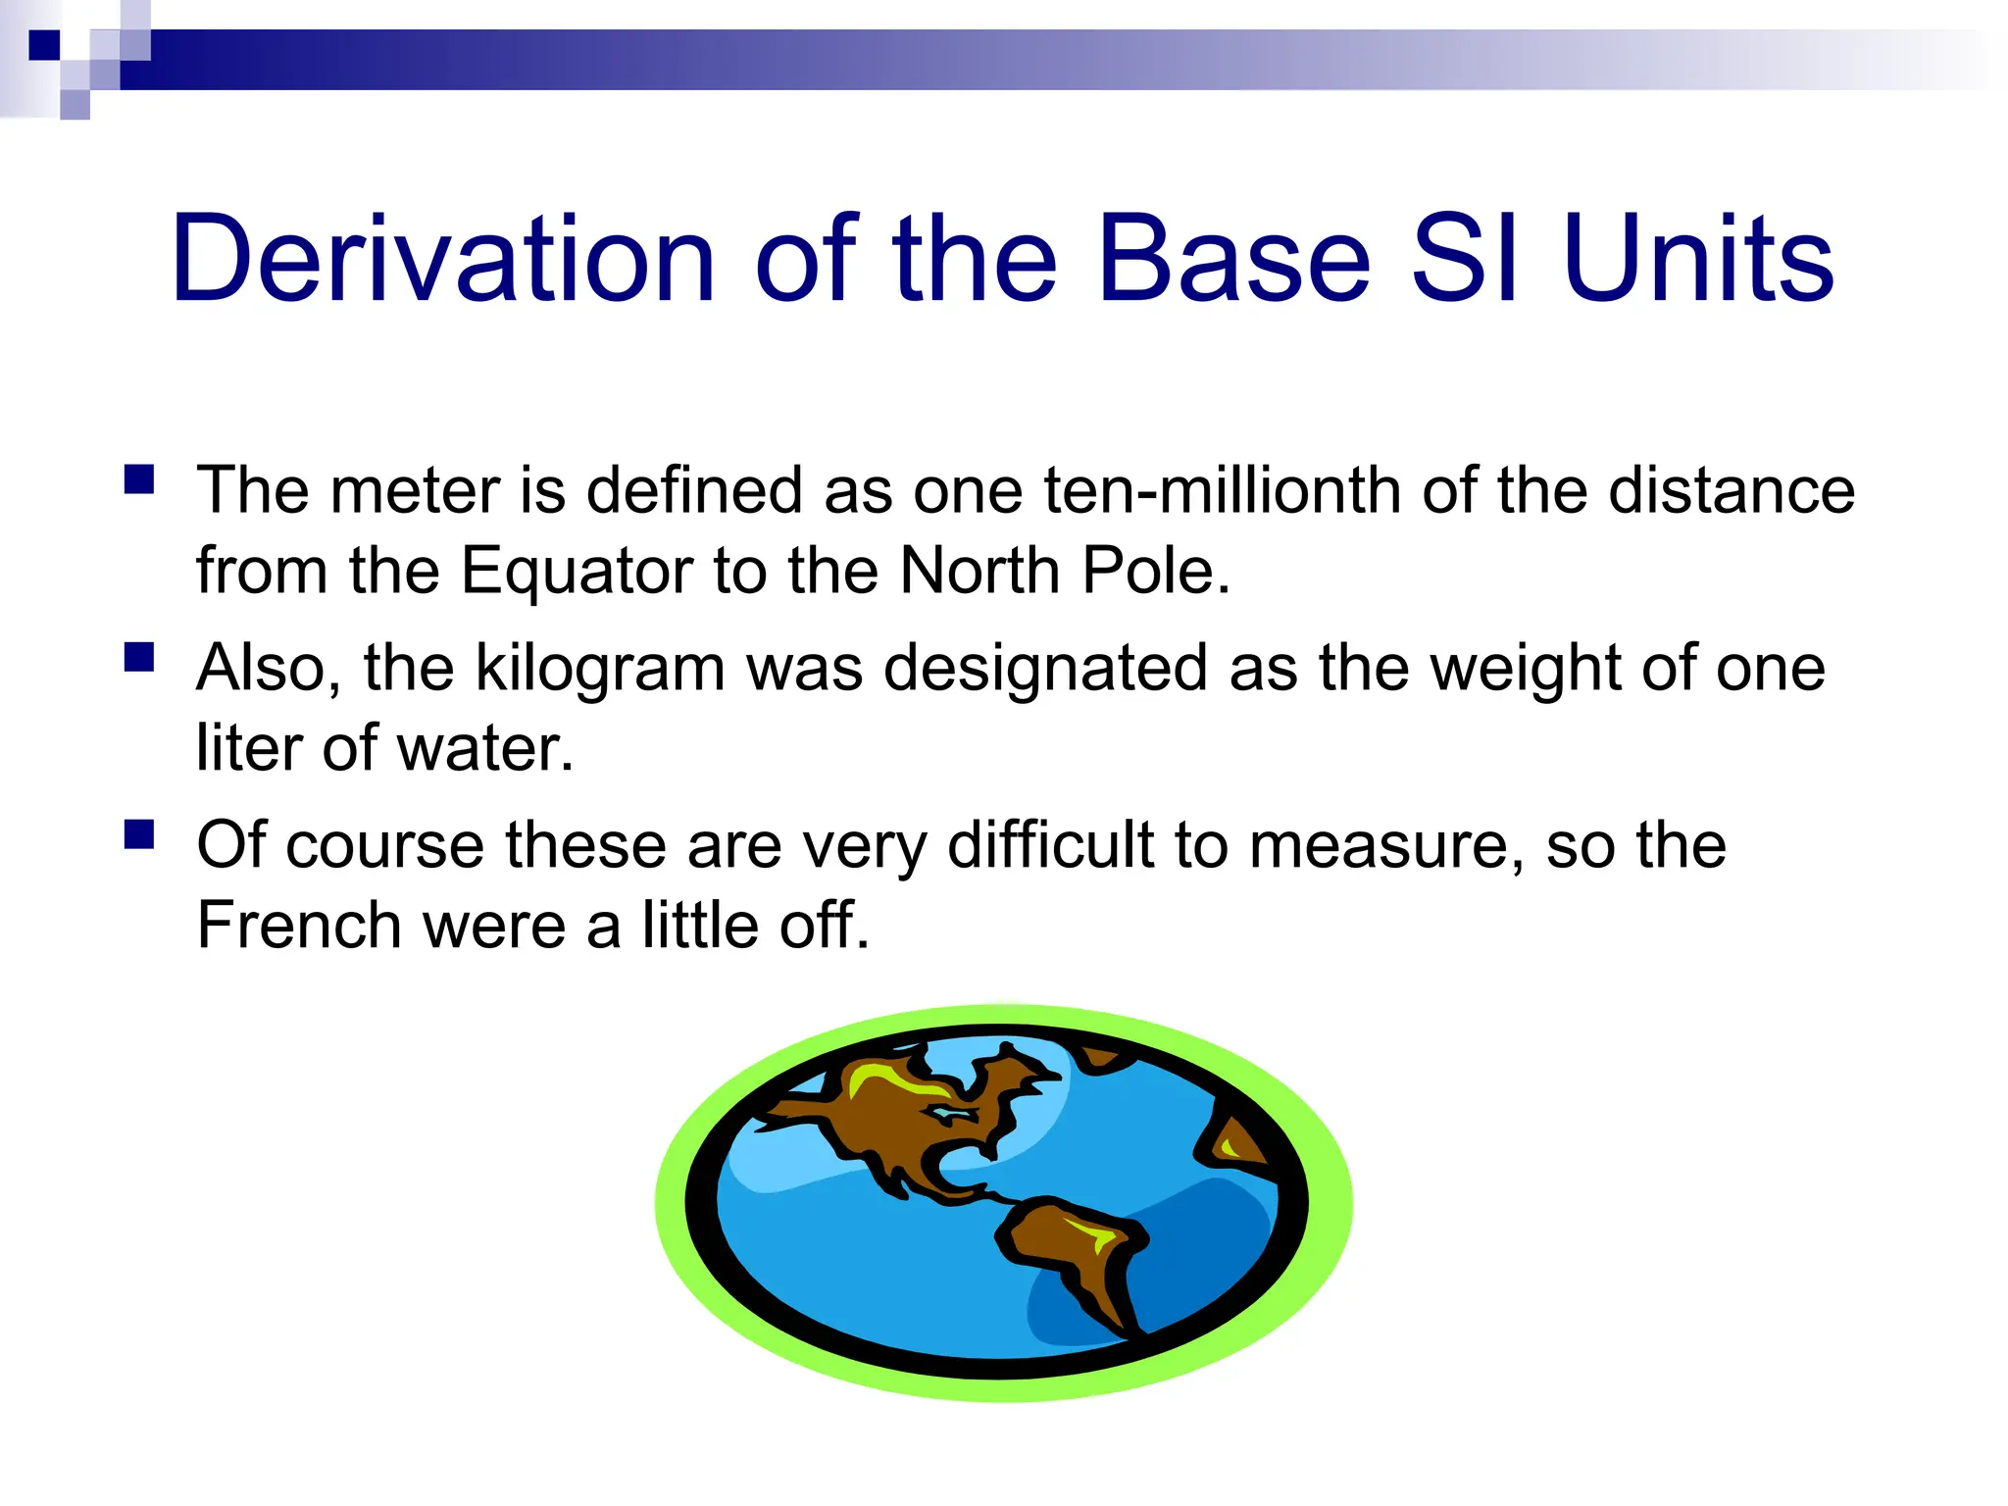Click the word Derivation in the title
(x=443, y=259)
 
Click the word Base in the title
(x=1233, y=259)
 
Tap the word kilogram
(x=601, y=669)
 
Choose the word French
(x=299, y=926)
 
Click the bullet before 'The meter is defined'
(x=139, y=479)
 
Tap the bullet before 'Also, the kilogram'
(x=139, y=657)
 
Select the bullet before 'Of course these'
(x=139, y=834)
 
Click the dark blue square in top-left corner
(x=44, y=45)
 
